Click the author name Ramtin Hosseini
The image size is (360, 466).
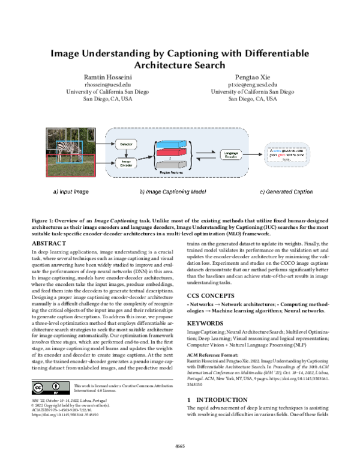(107, 77)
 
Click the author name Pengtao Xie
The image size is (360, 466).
(253, 77)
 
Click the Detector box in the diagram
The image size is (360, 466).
(127, 145)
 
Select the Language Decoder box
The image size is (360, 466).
(230, 155)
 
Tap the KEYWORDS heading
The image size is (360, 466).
(205, 322)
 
